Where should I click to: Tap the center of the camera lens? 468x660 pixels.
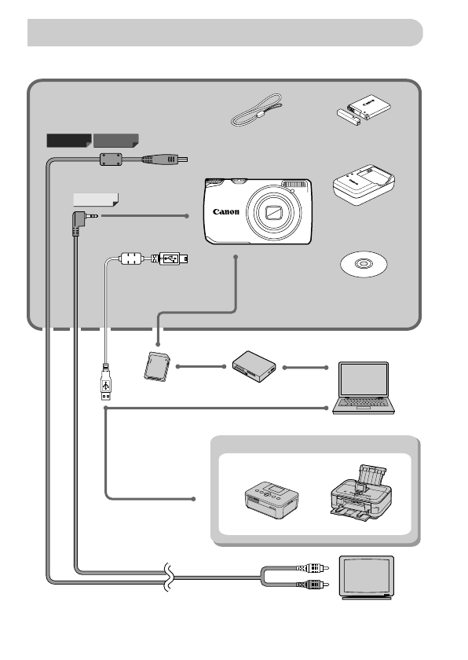274,212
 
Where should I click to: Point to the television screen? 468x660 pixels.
365,574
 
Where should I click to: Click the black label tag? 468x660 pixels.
68,141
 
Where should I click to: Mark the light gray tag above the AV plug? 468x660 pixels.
94,199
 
